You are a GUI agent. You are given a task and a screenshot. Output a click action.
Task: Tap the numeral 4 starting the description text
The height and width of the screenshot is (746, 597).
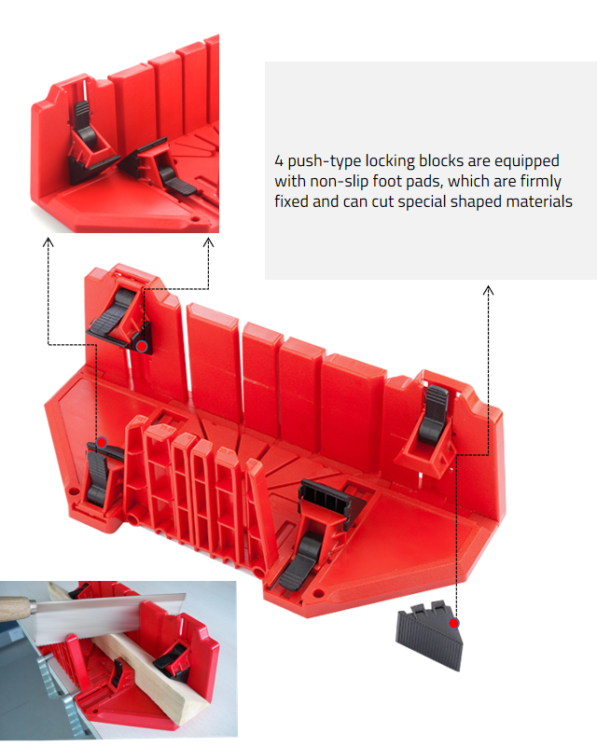(x=279, y=160)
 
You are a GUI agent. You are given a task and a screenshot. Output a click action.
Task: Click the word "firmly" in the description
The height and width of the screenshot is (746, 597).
(x=540, y=182)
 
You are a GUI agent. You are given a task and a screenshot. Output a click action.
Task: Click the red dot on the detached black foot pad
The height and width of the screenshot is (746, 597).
(x=453, y=623)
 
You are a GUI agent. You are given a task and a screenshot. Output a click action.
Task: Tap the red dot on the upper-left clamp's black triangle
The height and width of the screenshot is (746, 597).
(x=142, y=346)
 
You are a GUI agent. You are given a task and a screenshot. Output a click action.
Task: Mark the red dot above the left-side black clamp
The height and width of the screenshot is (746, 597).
(x=102, y=443)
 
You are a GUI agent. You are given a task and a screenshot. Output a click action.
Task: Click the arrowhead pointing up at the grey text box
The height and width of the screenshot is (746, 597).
(x=488, y=290)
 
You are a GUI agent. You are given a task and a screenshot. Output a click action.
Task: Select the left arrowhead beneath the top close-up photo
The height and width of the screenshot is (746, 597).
(x=49, y=242)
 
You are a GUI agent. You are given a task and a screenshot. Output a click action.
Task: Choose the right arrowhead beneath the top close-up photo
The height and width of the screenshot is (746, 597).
(x=208, y=242)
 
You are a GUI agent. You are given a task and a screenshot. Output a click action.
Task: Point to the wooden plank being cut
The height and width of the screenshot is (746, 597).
(x=143, y=661)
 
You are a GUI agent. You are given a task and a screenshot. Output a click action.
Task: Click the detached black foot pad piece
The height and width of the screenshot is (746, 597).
(x=429, y=635)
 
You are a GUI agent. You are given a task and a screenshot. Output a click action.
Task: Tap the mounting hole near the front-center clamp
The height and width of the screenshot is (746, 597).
(x=316, y=593)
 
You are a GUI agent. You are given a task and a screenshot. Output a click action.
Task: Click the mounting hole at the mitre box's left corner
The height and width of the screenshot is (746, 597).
(x=73, y=490)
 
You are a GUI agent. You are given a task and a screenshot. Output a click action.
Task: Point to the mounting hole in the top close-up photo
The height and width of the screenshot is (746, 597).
(x=194, y=219)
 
